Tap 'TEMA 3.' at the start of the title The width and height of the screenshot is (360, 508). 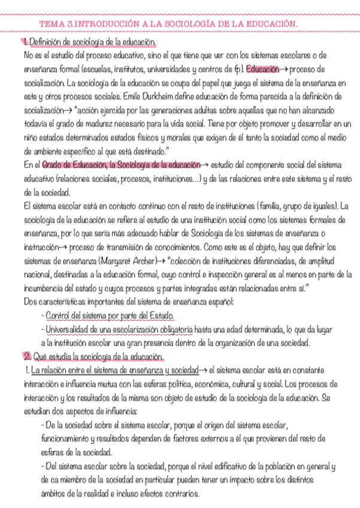pos(53,23)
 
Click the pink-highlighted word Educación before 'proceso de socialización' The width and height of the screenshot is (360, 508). pos(262,69)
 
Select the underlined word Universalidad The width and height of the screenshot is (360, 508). pos(68,330)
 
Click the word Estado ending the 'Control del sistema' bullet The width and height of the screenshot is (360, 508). pos(161,316)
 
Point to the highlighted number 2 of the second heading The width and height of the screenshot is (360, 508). pos(27,358)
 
